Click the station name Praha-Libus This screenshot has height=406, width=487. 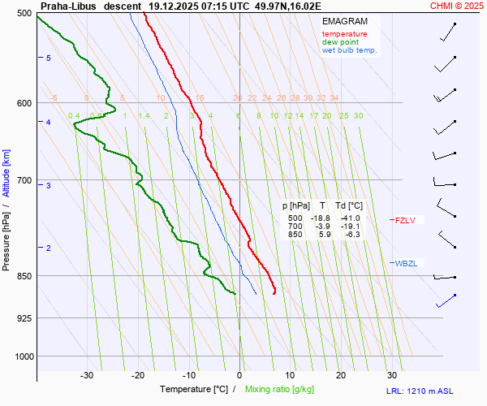click(66, 6)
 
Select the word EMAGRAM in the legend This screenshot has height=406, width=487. click(344, 21)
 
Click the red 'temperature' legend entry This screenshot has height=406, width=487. click(344, 34)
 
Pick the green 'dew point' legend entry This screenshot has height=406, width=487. click(340, 42)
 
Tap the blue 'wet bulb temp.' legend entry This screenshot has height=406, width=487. click(349, 50)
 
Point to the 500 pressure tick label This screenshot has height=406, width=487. click(23, 13)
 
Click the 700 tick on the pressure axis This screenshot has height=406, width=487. click(23, 179)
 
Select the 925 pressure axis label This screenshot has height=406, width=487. click(23, 317)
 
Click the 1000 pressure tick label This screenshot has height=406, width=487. click(21, 356)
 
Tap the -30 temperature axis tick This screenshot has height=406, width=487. click(87, 375)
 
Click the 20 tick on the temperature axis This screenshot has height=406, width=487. click(341, 375)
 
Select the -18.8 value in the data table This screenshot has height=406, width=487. click(321, 218)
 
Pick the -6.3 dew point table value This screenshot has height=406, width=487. click(352, 235)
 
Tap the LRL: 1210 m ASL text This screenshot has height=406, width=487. click(420, 391)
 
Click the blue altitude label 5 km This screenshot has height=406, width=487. click(48, 58)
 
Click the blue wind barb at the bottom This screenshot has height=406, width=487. click(446, 301)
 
